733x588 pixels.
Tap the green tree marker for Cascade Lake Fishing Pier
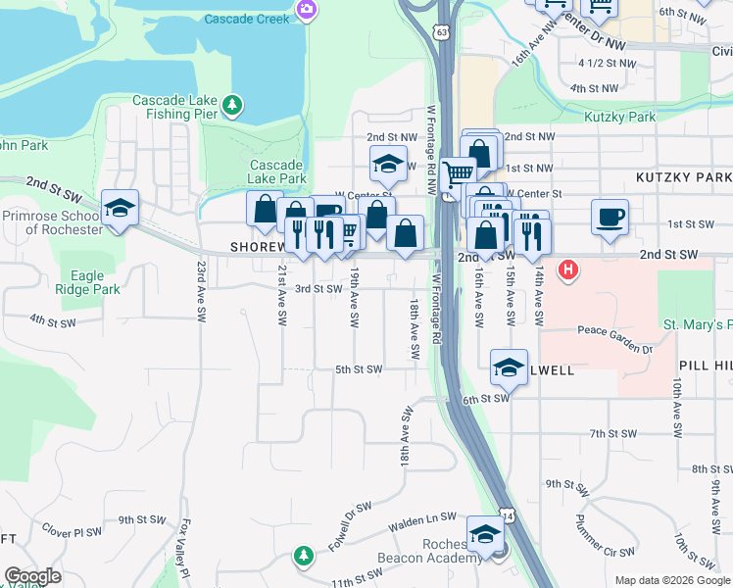point(231,103)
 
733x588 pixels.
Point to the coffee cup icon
point(610,215)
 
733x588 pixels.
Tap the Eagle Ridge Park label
point(89,282)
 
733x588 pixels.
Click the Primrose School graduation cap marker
point(120,208)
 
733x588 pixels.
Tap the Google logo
point(33,576)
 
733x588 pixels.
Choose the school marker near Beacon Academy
point(484,533)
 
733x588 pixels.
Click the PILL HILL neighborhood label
point(705,364)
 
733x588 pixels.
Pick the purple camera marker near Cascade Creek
point(306,10)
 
